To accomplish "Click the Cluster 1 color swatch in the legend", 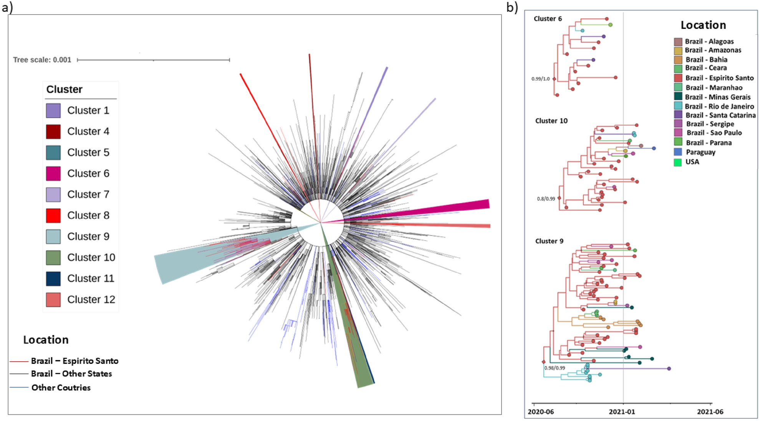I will [53, 110].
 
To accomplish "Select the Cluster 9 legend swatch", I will [53, 237].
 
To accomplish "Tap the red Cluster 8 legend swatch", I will [53, 215].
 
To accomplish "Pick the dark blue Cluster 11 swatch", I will [53, 279].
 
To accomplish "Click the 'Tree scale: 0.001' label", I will [42, 60].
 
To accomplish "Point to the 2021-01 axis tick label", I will [622, 412].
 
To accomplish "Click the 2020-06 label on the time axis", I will [541, 412].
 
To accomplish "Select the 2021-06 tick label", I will [710, 412].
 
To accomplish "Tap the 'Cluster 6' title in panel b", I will [548, 19].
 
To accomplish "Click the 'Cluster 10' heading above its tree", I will [551, 121].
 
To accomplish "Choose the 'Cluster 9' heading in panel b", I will [549, 241].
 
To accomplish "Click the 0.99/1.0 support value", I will [540, 79].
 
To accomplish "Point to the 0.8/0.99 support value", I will [546, 199].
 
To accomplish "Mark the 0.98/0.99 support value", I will [555, 368].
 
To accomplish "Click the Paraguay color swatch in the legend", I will [678, 152].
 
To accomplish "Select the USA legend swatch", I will [678, 162].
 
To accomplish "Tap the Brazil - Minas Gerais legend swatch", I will [678, 97].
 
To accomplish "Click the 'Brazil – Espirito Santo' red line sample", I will [19, 361].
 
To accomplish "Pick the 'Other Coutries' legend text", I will [61, 388].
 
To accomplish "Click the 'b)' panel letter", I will [512, 7].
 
